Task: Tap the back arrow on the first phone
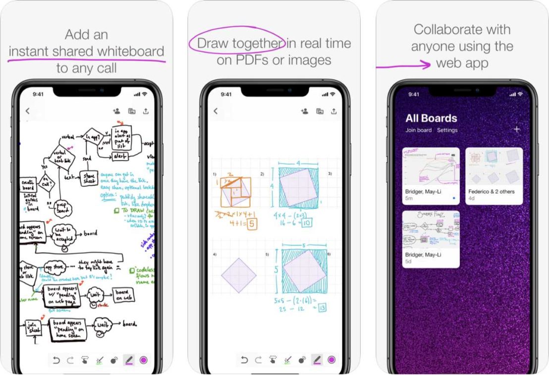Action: coord(28,111)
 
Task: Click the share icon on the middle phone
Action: coord(334,111)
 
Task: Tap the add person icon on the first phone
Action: coord(116,111)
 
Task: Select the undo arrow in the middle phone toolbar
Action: coord(244,360)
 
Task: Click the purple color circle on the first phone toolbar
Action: coord(144,360)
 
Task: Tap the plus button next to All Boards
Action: coord(517,129)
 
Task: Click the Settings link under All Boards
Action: coord(447,130)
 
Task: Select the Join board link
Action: coord(418,130)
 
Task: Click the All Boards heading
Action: coord(431,118)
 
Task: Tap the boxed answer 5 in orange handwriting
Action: coord(252,224)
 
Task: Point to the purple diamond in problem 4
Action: coord(238,274)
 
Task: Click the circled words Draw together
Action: coord(237,44)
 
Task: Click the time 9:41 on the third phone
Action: coord(414,94)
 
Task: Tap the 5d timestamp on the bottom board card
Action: coord(409,261)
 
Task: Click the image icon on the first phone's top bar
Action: coord(132,111)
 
